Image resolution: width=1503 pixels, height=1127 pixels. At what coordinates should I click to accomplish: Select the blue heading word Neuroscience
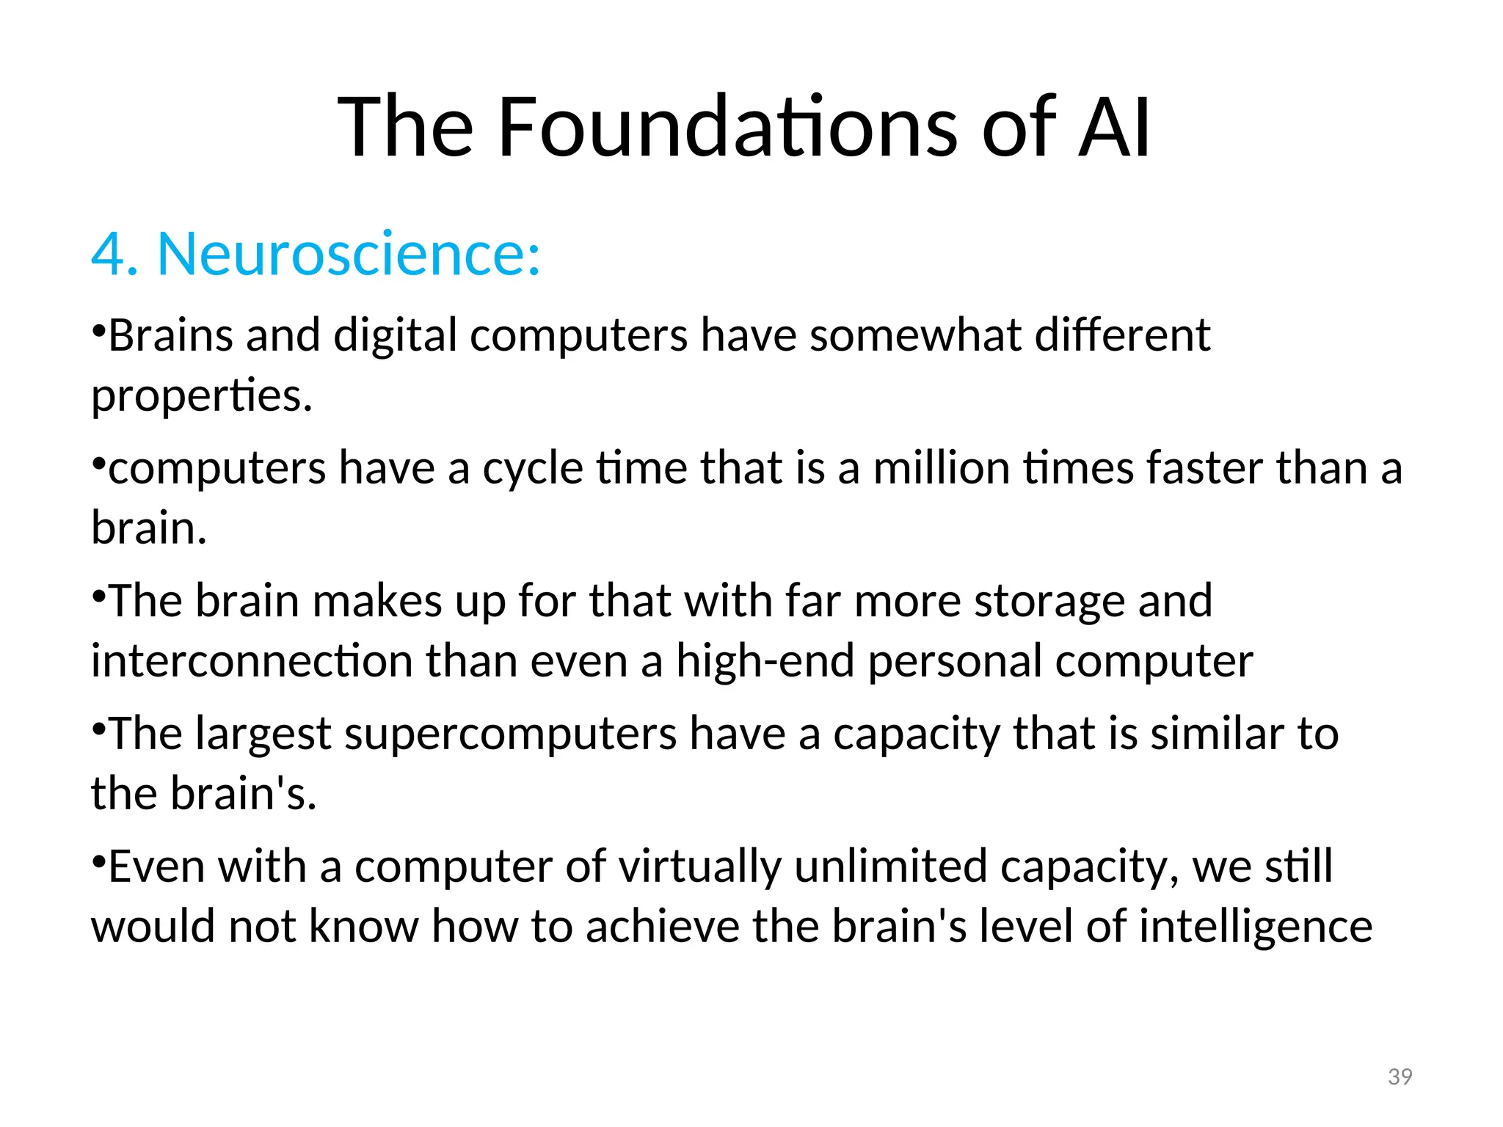[x=349, y=254]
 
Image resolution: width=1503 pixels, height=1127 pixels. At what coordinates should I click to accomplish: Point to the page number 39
[x=1400, y=1077]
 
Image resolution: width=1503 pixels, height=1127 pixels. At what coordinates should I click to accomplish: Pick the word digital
[x=395, y=336]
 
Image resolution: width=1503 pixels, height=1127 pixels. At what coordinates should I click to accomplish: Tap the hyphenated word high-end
[x=765, y=661]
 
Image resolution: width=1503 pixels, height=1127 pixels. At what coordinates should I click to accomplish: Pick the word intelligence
[x=1255, y=927]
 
